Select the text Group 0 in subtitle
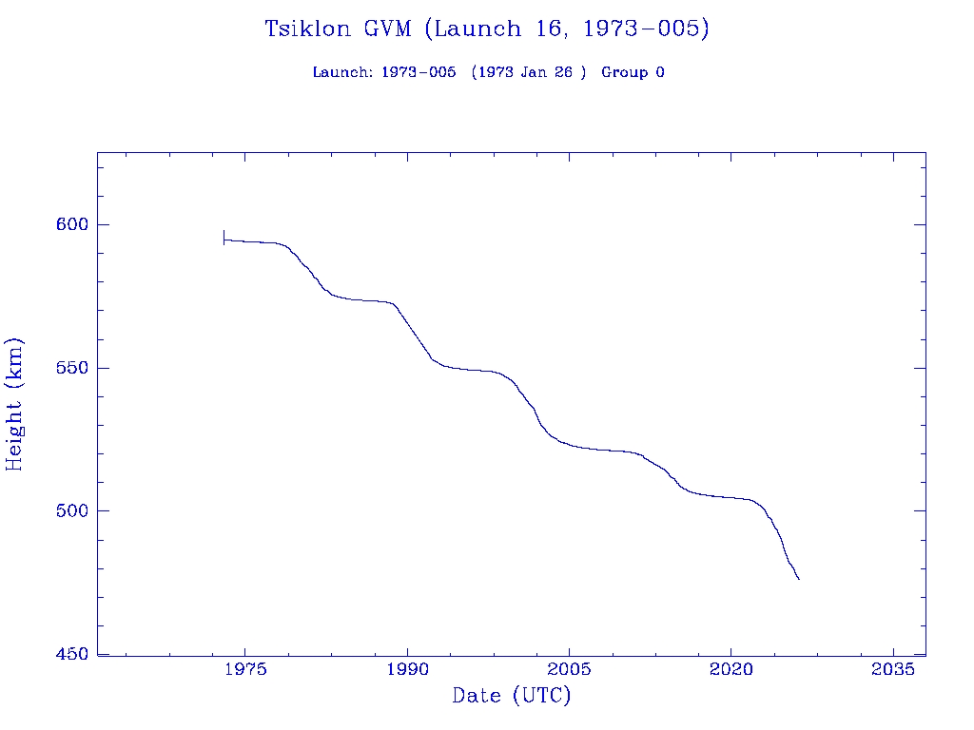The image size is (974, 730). [633, 72]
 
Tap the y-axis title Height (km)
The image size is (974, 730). [14, 403]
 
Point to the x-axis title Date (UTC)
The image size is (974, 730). [512, 696]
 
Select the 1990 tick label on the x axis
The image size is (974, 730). [407, 669]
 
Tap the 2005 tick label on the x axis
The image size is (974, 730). [569, 669]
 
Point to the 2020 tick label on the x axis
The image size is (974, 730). [730, 669]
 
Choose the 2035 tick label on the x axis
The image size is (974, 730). [893, 669]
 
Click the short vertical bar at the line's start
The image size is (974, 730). [224, 238]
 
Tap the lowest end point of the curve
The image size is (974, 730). [799, 579]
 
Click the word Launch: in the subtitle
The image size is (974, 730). [342, 72]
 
